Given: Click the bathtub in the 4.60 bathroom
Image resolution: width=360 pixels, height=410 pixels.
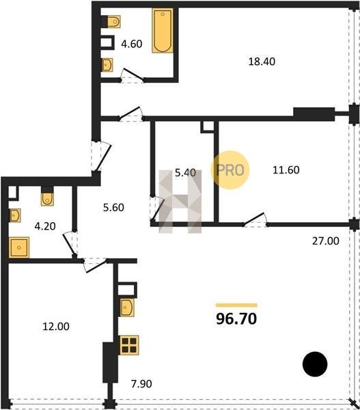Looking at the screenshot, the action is click(x=163, y=31).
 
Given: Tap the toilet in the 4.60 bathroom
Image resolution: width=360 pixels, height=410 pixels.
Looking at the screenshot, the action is click(x=114, y=21).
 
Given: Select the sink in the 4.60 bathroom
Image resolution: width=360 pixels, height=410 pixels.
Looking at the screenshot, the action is click(x=107, y=65).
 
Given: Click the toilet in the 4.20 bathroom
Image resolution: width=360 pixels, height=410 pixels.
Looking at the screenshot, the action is click(x=47, y=200).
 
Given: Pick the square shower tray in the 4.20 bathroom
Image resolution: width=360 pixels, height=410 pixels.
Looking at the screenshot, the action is click(x=19, y=247).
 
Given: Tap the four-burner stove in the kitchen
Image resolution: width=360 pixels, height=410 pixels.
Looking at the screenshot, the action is click(x=129, y=345).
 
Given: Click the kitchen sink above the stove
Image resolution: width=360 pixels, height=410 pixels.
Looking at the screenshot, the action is click(x=127, y=307).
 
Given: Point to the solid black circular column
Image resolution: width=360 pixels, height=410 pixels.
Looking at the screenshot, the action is click(x=315, y=364).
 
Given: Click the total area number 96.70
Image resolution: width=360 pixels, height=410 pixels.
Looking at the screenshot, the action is click(x=236, y=319).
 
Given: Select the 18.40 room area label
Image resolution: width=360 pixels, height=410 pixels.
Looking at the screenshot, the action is click(x=262, y=61).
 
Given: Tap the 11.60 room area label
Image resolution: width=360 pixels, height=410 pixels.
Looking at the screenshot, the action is click(x=286, y=170).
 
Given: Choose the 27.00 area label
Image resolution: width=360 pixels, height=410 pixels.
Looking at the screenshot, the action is click(x=325, y=241).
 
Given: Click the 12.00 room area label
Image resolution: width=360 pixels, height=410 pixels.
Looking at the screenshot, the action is click(x=56, y=327).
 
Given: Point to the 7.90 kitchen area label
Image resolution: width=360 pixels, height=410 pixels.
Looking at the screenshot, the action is click(x=141, y=384).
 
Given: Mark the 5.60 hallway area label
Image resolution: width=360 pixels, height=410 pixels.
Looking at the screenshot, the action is click(x=113, y=208).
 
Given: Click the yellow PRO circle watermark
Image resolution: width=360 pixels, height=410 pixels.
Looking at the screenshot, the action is click(x=230, y=170).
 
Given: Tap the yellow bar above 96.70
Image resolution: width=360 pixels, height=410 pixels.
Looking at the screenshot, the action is click(x=236, y=305).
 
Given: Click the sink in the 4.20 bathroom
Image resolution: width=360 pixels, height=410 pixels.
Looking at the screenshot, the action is click(x=15, y=215).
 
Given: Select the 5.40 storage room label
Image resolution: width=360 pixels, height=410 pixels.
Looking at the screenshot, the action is click(x=185, y=173).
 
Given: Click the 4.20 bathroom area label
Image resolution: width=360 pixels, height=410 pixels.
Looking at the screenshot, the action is click(x=45, y=226).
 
